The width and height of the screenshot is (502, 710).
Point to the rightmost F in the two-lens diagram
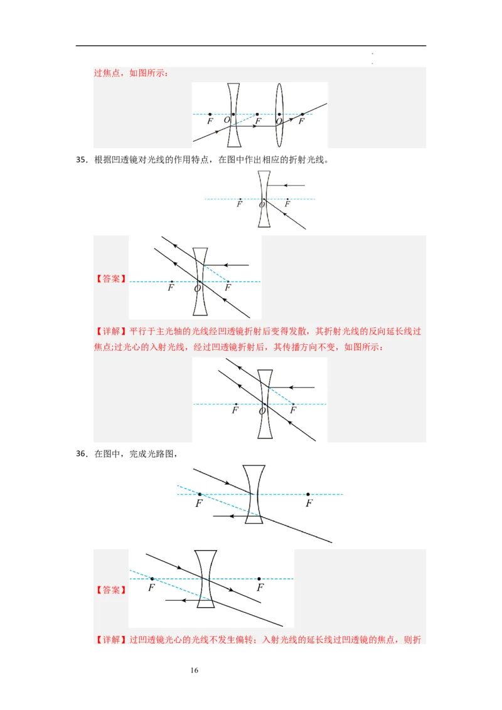click(302, 121)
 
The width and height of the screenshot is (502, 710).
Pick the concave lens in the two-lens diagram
click(233, 115)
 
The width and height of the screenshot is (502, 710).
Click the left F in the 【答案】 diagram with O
click(171, 289)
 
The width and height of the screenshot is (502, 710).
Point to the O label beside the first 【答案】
click(197, 289)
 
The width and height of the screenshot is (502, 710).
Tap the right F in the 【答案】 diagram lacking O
click(260, 588)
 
